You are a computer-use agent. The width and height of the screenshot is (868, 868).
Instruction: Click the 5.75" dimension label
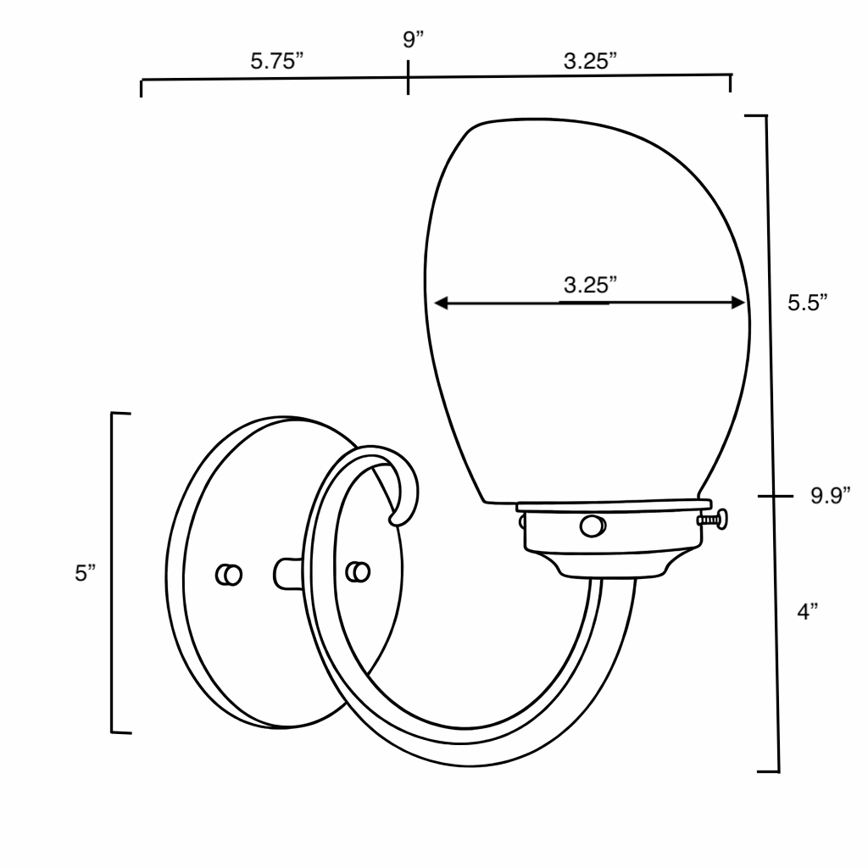coord(276,63)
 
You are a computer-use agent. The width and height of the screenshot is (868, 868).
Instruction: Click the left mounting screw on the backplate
coord(227,574)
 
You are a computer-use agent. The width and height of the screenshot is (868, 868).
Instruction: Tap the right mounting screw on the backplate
coord(359,572)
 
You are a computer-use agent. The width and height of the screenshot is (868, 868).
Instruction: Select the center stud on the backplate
coord(287,572)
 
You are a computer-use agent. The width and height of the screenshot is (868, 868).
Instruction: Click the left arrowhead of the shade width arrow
coord(439,302)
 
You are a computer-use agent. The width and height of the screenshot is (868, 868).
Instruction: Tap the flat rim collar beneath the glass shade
coord(610,507)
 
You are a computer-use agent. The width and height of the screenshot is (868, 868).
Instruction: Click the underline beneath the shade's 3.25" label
coord(584,302)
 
